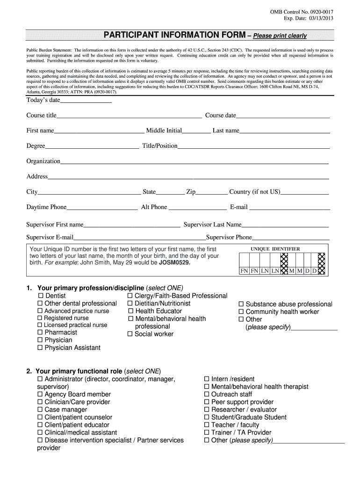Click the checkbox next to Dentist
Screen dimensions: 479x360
point(40,296)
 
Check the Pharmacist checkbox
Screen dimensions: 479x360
point(40,333)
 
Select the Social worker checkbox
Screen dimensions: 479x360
point(130,334)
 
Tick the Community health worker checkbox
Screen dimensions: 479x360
point(241,312)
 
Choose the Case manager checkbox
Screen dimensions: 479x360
point(40,410)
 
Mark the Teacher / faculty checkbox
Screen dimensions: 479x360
point(207,425)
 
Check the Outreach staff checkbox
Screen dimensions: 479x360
point(207,394)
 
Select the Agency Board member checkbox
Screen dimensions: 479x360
point(40,394)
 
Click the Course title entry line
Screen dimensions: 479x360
point(129,116)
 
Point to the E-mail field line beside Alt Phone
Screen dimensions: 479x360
point(289,208)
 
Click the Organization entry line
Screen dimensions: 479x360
point(194,162)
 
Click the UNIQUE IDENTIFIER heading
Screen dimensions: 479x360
point(275,249)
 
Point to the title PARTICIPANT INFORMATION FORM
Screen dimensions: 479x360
point(174,36)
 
